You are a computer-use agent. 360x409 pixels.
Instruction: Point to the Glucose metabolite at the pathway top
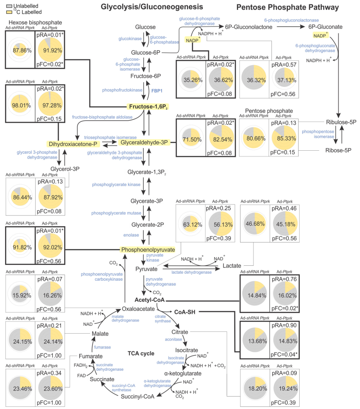(x=145, y=27)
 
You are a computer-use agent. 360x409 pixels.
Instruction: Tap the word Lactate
(x=232, y=266)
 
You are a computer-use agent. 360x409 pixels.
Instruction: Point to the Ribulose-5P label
(x=336, y=122)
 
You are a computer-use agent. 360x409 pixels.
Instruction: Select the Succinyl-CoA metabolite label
(x=137, y=396)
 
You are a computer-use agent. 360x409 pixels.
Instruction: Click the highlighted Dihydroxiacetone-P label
(x=73, y=144)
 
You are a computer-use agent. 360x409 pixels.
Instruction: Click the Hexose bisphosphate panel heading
(x=33, y=22)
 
